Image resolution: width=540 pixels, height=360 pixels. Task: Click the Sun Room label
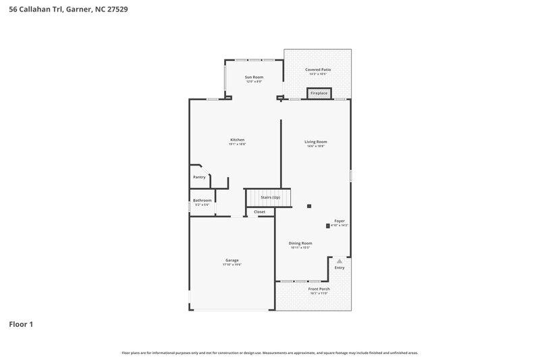(x=254, y=77)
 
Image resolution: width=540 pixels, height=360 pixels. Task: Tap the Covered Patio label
(x=318, y=70)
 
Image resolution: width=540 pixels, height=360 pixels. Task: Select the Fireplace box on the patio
(x=319, y=93)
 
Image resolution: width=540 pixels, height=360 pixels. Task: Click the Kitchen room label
(x=237, y=140)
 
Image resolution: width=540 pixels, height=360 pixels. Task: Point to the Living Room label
(x=316, y=142)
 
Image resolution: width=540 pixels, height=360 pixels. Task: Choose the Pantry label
(x=199, y=177)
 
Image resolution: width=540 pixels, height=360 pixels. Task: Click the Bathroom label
(x=202, y=200)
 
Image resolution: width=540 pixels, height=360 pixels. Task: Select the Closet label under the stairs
(x=260, y=212)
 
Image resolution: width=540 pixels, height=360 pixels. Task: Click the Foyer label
(x=340, y=221)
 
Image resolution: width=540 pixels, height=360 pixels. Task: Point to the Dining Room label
(x=300, y=243)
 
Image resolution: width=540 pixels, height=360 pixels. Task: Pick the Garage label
(x=232, y=260)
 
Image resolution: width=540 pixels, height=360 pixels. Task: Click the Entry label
(x=339, y=267)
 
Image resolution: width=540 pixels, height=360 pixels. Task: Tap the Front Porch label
(x=319, y=288)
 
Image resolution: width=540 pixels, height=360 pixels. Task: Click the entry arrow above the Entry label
(x=340, y=260)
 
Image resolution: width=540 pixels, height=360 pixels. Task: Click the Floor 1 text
(x=21, y=324)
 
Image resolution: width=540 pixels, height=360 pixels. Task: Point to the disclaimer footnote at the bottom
(x=269, y=353)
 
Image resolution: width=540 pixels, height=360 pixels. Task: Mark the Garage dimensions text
(x=232, y=265)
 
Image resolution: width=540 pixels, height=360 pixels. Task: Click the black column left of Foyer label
(x=328, y=225)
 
